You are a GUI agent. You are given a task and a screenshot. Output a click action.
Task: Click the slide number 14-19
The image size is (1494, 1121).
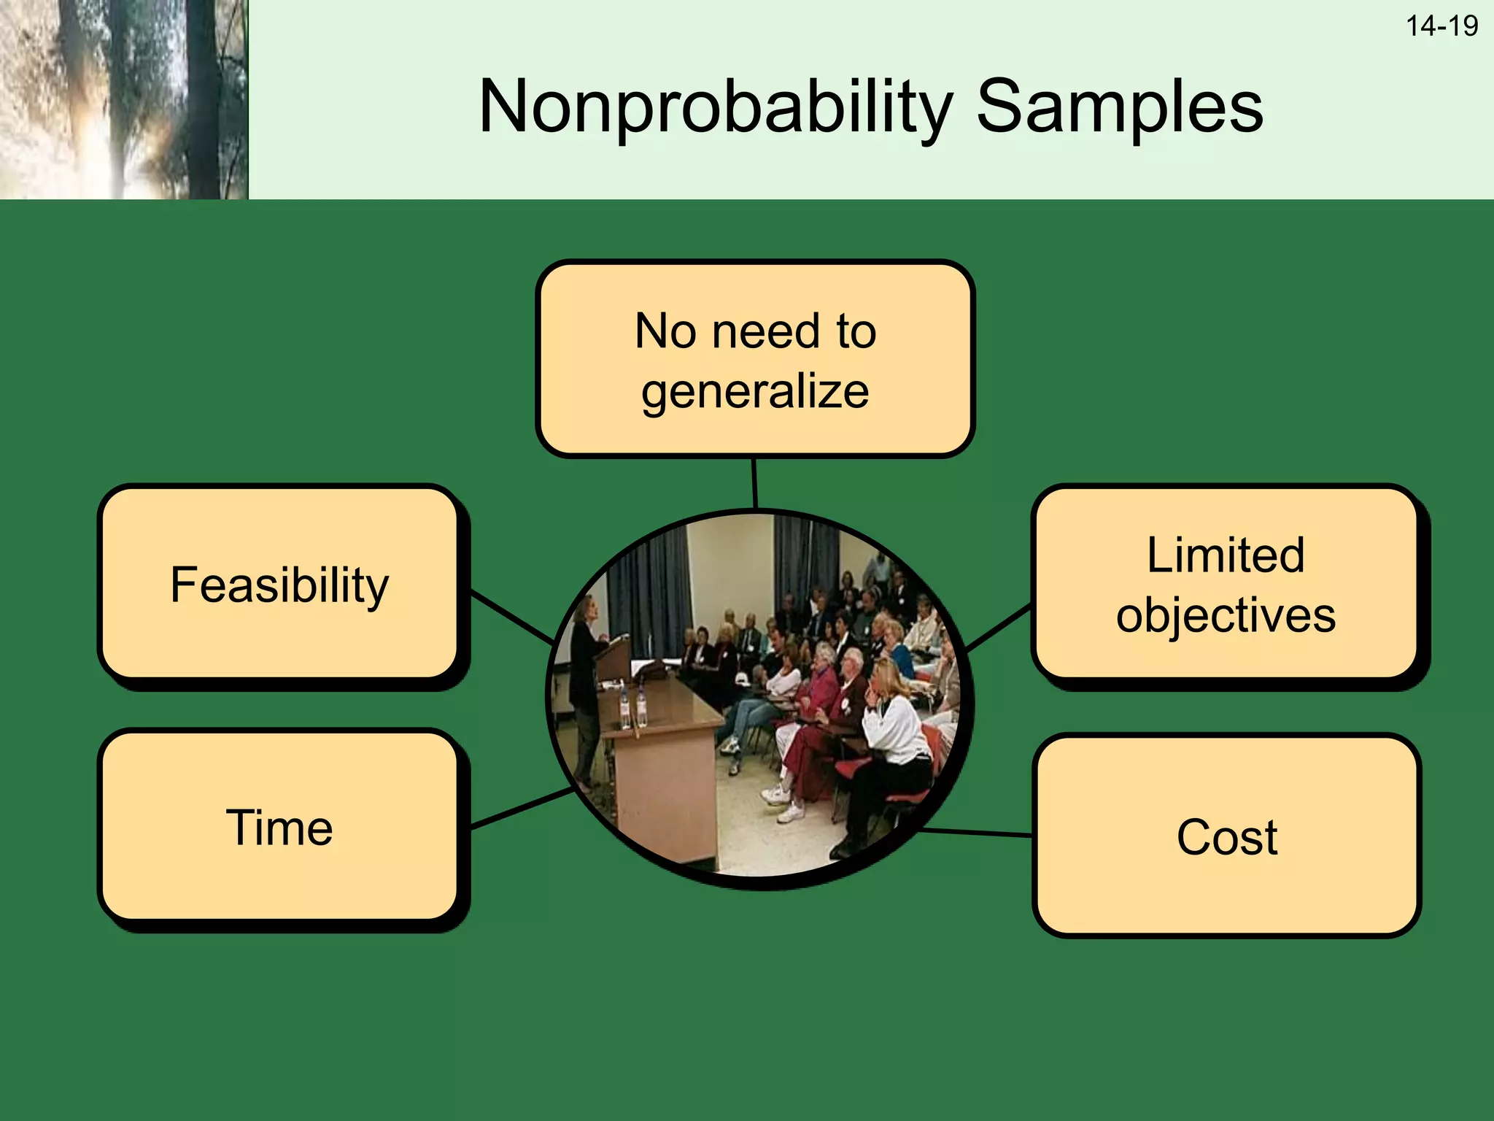click(x=1441, y=26)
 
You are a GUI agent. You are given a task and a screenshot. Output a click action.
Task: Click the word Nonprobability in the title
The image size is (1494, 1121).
click(x=715, y=108)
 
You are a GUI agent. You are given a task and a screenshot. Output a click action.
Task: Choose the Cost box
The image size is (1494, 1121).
click(x=1226, y=836)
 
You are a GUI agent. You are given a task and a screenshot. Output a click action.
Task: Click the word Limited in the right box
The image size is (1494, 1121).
click(x=1226, y=555)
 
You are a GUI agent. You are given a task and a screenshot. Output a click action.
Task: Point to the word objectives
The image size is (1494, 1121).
click(x=1226, y=615)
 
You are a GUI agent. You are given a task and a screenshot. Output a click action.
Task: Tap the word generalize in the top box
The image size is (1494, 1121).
click(x=755, y=391)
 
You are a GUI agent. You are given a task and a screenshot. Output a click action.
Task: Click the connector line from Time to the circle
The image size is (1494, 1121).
click(x=522, y=808)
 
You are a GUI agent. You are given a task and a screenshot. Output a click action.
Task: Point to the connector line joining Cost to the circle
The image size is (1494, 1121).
click(x=978, y=832)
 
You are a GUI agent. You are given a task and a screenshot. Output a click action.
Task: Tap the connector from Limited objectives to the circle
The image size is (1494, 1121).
click(x=999, y=627)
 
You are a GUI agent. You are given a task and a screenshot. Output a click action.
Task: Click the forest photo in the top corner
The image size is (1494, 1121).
click(x=124, y=99)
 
